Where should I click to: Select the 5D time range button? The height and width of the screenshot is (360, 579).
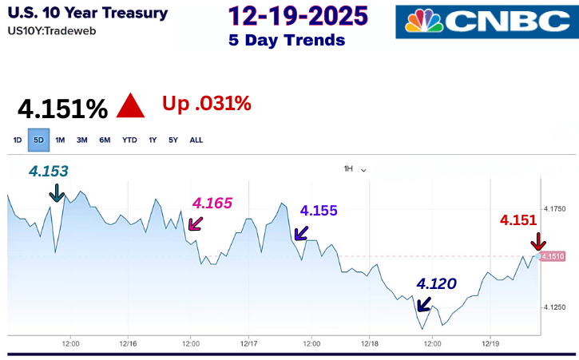39,140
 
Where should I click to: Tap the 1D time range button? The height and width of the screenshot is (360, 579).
18,140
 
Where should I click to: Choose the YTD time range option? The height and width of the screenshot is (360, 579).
129,140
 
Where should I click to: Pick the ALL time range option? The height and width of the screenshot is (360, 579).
196,140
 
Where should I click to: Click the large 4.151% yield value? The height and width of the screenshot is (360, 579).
62,109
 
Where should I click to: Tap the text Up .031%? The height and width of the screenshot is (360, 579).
206,103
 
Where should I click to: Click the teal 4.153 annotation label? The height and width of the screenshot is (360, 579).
49,170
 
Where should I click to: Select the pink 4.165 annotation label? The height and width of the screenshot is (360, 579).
212,204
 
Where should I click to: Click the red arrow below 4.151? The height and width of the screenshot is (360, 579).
538,241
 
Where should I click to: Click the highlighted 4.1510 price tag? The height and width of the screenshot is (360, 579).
553,256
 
